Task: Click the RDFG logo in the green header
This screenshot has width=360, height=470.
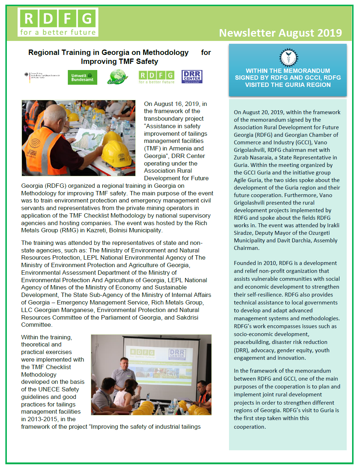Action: point(58,22)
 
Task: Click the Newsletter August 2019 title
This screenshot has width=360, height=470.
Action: point(280,33)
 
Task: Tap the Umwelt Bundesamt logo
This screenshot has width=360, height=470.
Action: point(82,78)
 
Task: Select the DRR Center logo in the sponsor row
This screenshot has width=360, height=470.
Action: point(192,77)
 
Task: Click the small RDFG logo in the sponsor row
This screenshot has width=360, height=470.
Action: point(156,77)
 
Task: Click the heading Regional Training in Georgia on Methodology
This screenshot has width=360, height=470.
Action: point(108,53)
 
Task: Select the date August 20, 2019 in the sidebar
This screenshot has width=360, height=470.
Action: point(262,112)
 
